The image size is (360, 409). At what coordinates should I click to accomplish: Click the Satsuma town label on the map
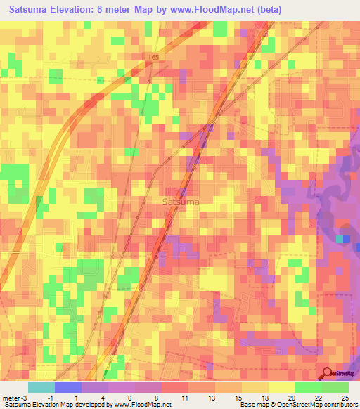point(181,202)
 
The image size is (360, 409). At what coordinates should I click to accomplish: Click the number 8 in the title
point(116,10)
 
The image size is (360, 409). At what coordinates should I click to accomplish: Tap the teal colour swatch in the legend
point(41,387)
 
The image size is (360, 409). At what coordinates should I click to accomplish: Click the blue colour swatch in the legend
point(67,387)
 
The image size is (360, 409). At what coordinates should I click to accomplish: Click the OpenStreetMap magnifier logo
point(326,375)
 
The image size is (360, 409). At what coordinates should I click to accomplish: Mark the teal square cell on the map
point(340,240)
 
